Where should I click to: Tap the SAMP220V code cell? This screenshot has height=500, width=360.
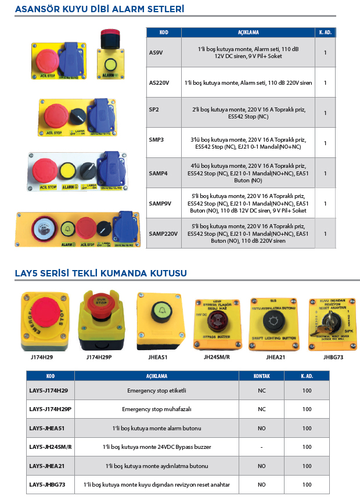point(162,233)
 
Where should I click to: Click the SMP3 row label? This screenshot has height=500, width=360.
point(156,143)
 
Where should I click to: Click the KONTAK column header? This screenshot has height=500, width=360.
point(262,376)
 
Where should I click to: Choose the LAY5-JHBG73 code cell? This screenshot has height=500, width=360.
point(48,484)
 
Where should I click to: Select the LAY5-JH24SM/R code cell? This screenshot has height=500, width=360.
point(50,447)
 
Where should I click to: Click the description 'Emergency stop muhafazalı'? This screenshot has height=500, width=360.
point(157,409)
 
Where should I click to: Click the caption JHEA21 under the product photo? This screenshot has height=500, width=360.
point(274,357)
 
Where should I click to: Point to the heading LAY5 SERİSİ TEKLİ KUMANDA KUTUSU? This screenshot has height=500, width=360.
point(100,273)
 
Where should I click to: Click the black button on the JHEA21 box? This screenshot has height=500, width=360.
point(273,321)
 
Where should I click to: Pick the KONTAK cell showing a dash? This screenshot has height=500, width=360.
point(262,447)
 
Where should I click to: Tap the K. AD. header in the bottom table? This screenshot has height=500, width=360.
point(307,376)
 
